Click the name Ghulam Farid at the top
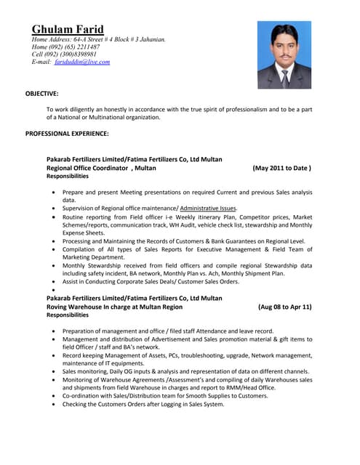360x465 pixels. (68, 29)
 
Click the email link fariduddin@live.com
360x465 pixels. (82, 62)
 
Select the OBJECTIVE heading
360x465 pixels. (42, 94)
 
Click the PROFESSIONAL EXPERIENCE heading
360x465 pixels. (67, 134)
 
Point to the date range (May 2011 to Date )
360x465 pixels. (282, 168)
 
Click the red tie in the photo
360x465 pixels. (284, 75)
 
